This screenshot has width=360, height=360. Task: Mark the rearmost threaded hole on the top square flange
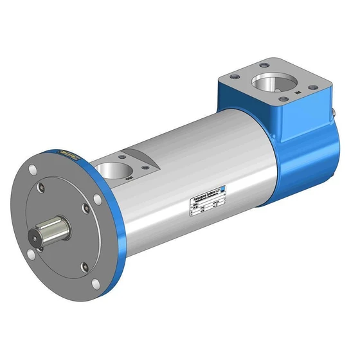point(264,64)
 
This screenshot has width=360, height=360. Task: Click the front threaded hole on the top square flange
point(282,106)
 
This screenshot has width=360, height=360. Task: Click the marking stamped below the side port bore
point(129,179)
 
